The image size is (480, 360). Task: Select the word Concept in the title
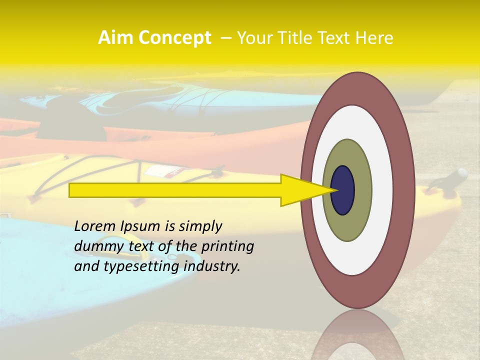pos(175,38)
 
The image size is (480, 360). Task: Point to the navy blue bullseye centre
pos(343,190)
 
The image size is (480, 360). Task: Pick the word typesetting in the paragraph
pos(141,267)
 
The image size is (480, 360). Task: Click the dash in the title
pos(225,38)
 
